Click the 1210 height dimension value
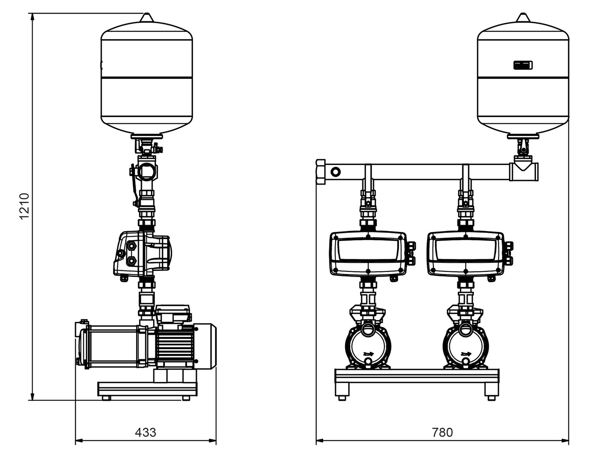coord(24,206)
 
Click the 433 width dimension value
coord(145,432)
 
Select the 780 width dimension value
coord(442,432)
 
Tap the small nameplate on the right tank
coord(523,65)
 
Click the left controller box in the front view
coord(368,254)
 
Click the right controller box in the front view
coord(465,254)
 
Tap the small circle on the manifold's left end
coord(336,172)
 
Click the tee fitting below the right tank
coord(523,171)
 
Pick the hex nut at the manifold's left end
coord(321,171)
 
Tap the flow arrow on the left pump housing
coord(368,354)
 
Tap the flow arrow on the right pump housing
coord(466,354)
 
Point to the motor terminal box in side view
coord(172,313)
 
